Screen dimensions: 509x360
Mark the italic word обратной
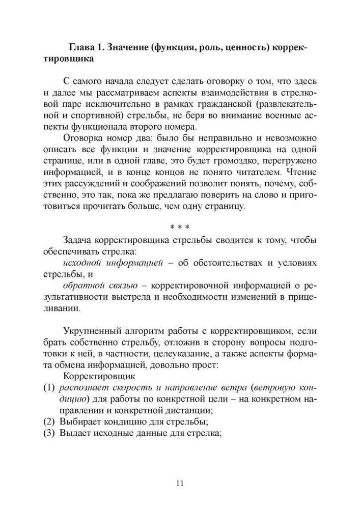[83, 286]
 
